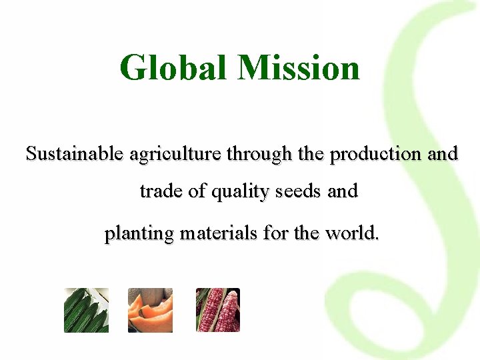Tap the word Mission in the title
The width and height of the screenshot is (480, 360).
click(299, 68)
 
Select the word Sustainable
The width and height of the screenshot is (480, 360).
click(74, 154)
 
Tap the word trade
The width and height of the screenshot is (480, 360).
click(161, 192)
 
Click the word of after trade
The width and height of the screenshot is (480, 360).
click(197, 192)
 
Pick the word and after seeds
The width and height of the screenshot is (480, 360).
click(343, 192)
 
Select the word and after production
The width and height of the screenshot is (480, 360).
click(443, 154)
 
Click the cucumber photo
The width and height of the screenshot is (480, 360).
click(86, 310)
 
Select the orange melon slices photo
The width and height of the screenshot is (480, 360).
click(150, 310)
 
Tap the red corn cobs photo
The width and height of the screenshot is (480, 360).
click(217, 310)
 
